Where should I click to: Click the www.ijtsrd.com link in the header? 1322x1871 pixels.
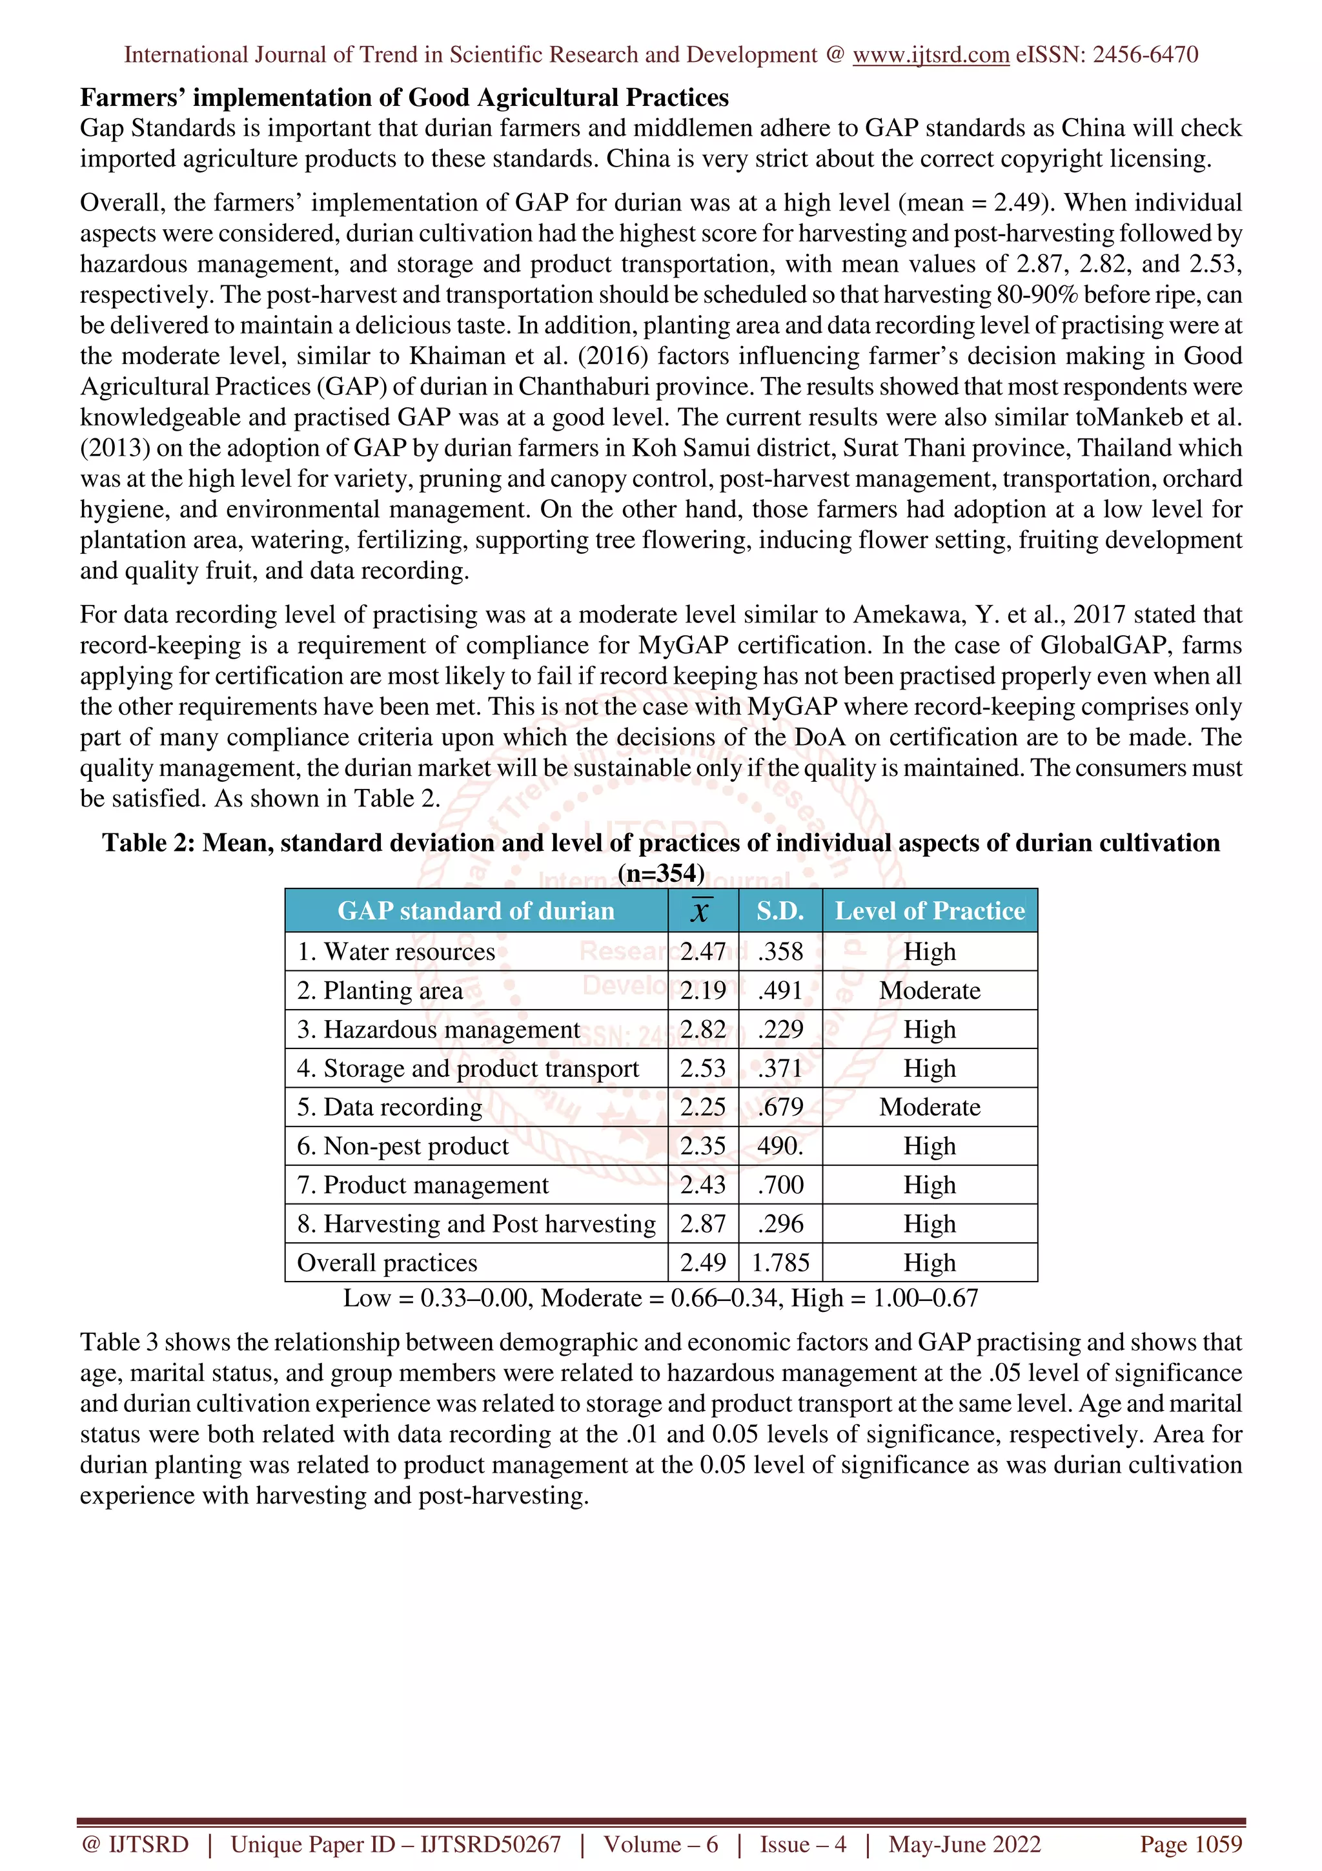pos(930,55)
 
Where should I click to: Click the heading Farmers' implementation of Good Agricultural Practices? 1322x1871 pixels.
pos(404,97)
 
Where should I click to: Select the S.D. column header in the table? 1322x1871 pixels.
pos(780,911)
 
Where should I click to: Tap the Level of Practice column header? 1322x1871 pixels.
pos(930,911)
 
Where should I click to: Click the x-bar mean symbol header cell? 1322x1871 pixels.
pos(701,911)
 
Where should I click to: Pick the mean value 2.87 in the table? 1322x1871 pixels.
pos(702,1224)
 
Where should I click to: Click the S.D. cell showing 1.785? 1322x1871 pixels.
pos(780,1263)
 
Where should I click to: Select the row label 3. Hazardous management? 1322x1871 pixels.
pos(438,1030)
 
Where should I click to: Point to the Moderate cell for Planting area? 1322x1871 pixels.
pos(930,991)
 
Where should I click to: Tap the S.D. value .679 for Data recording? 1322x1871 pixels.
pos(780,1107)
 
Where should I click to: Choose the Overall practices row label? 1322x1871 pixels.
pos(387,1263)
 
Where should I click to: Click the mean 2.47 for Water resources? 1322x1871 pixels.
pos(702,952)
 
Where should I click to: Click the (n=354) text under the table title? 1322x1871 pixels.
pos(660,874)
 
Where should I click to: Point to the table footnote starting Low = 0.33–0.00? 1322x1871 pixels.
pos(660,1298)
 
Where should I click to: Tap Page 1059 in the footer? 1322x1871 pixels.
pos(1190,1844)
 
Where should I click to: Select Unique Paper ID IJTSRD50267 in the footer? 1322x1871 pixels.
pos(395,1844)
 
